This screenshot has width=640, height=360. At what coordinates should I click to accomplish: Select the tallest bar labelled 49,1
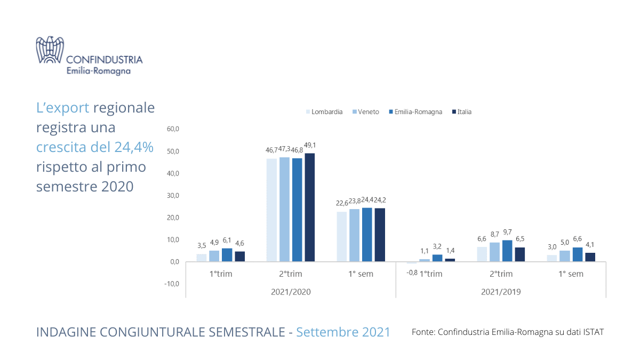[309, 207]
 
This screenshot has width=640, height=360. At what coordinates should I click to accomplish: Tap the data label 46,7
[272, 150]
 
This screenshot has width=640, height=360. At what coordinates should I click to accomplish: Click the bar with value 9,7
[507, 251]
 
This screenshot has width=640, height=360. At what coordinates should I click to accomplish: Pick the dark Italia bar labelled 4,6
[240, 257]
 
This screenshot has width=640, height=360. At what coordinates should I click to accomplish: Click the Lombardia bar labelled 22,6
[342, 237]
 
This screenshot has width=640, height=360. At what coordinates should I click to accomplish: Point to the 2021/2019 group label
[500, 292]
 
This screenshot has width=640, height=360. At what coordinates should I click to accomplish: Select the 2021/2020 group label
[291, 292]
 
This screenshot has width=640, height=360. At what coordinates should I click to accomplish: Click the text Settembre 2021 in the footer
[343, 332]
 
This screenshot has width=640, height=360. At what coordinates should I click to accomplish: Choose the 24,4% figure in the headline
[133, 147]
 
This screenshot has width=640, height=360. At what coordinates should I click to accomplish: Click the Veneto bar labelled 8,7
[494, 252]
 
